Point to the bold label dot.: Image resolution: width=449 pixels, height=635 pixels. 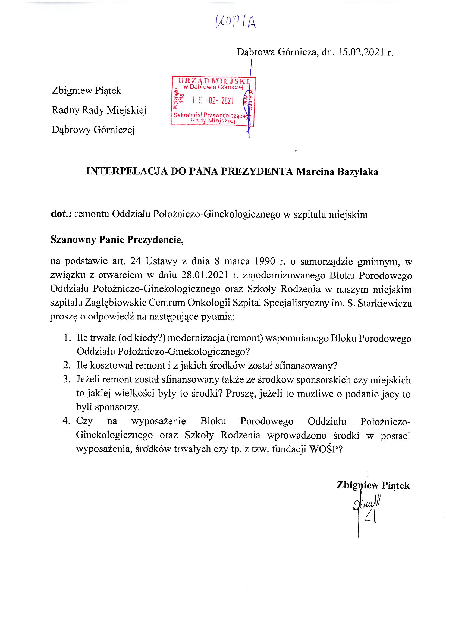point(61,214)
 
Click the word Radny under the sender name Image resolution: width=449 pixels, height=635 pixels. point(64,110)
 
